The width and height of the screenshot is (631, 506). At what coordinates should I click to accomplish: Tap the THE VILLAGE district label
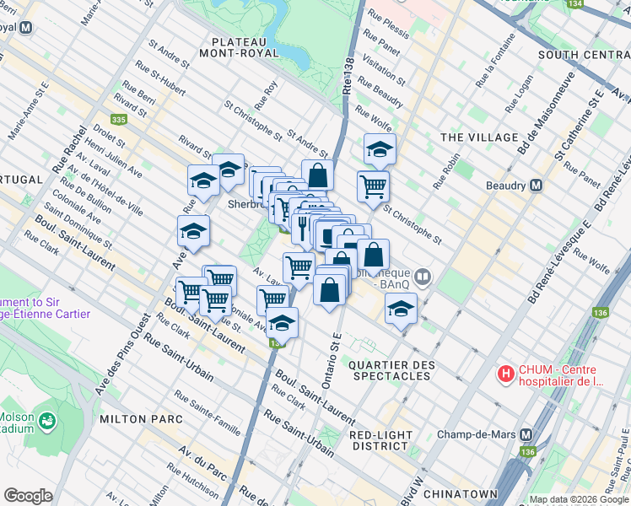coord(479,137)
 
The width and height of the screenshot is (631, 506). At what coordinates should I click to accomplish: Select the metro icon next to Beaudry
coord(536,186)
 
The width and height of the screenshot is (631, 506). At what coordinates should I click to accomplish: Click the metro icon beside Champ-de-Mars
coord(526,434)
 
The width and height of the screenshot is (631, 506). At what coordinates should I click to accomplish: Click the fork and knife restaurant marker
coord(303,224)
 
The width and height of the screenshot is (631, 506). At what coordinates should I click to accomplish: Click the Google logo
coord(29,496)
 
